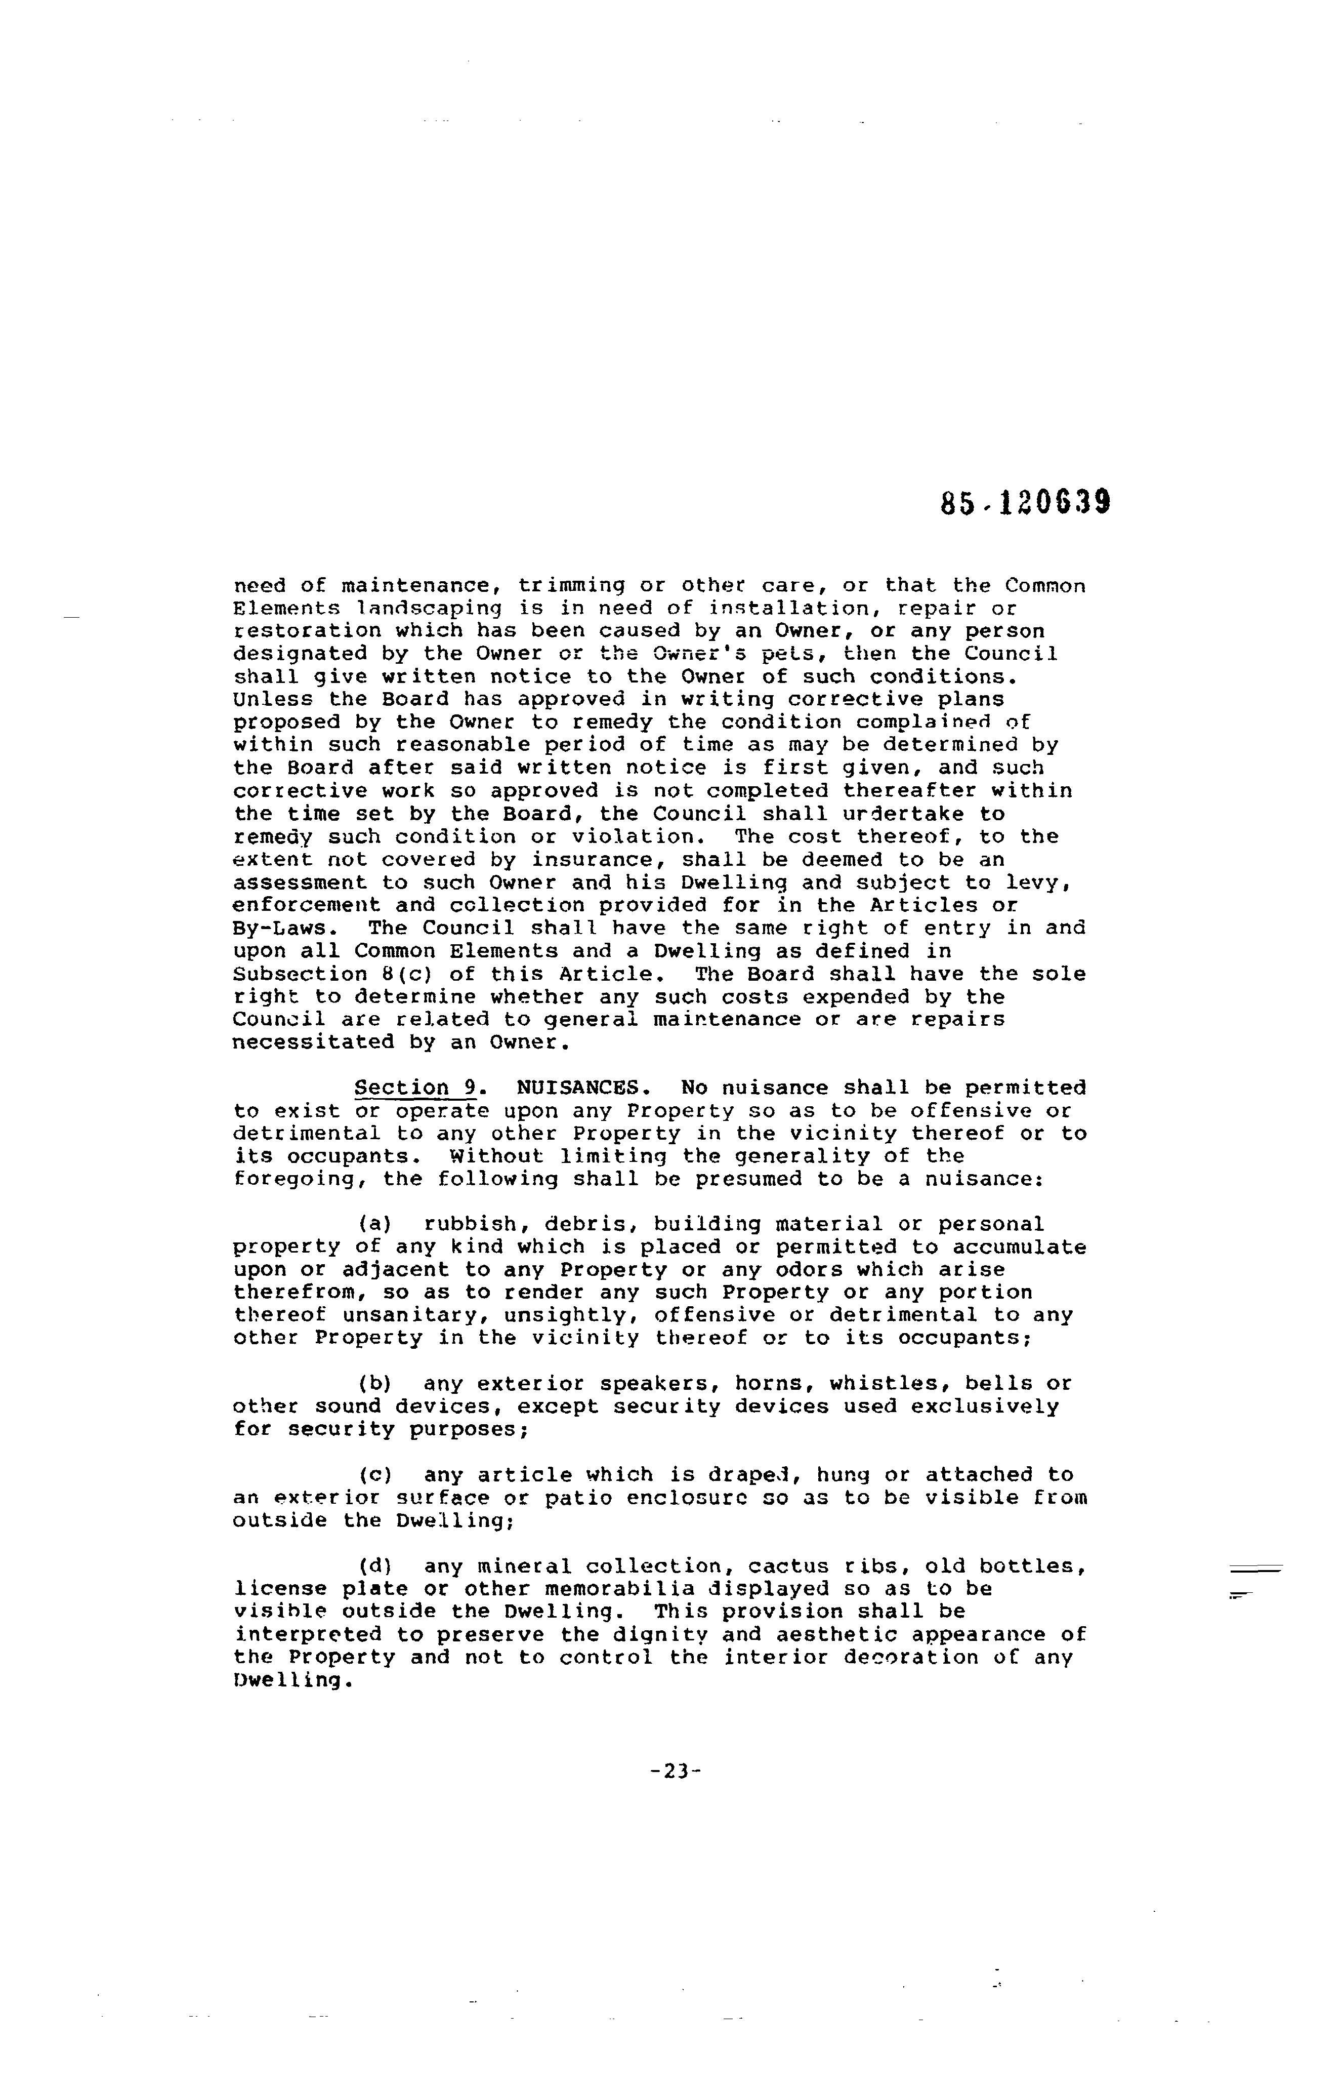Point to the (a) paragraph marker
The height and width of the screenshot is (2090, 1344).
(374, 1225)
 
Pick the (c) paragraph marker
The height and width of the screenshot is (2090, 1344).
(374, 1475)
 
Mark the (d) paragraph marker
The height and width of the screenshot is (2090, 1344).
(374, 1567)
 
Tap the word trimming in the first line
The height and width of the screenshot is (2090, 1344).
(572, 586)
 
